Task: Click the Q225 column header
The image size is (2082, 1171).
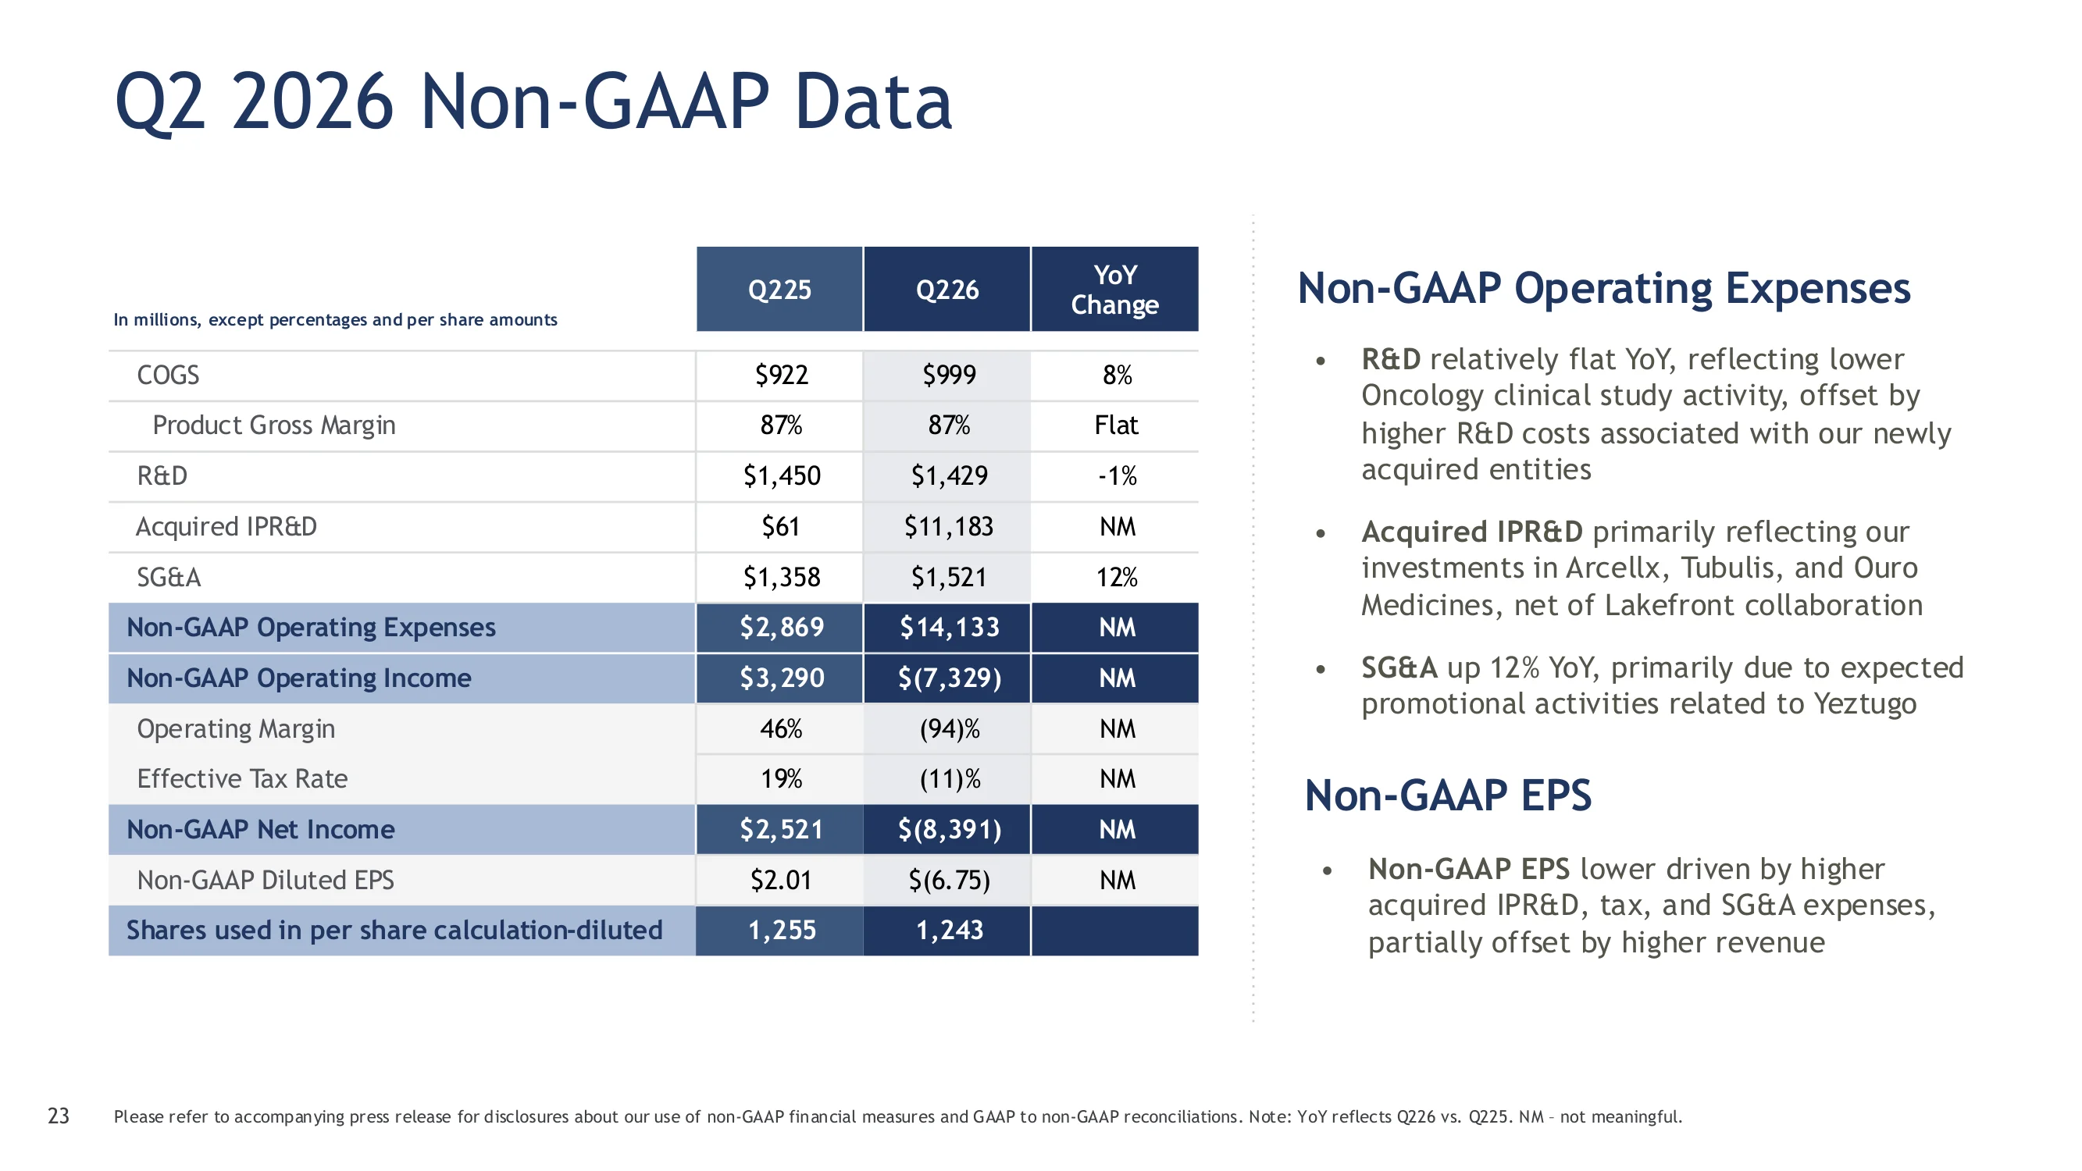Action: point(779,290)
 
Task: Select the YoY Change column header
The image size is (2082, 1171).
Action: point(1114,290)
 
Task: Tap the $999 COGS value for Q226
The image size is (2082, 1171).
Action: point(949,375)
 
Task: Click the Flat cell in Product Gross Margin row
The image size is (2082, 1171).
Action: point(1116,425)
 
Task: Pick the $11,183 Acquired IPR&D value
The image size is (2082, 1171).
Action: point(949,527)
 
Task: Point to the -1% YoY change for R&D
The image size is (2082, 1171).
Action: point(1117,476)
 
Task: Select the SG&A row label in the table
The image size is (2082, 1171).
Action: point(168,577)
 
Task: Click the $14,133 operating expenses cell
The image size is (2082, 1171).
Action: point(950,627)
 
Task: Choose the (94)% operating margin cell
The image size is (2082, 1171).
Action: point(950,729)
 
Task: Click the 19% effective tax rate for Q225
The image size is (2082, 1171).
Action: point(781,779)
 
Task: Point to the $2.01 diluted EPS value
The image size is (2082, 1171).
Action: point(781,880)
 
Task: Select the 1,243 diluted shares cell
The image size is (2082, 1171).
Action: point(950,931)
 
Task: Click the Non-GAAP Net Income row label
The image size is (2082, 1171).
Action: point(260,829)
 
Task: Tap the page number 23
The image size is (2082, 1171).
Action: point(59,1116)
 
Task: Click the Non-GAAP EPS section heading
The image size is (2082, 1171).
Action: point(1448,795)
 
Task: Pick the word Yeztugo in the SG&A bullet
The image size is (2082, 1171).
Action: point(1865,705)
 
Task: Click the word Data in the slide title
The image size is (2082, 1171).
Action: point(873,101)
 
